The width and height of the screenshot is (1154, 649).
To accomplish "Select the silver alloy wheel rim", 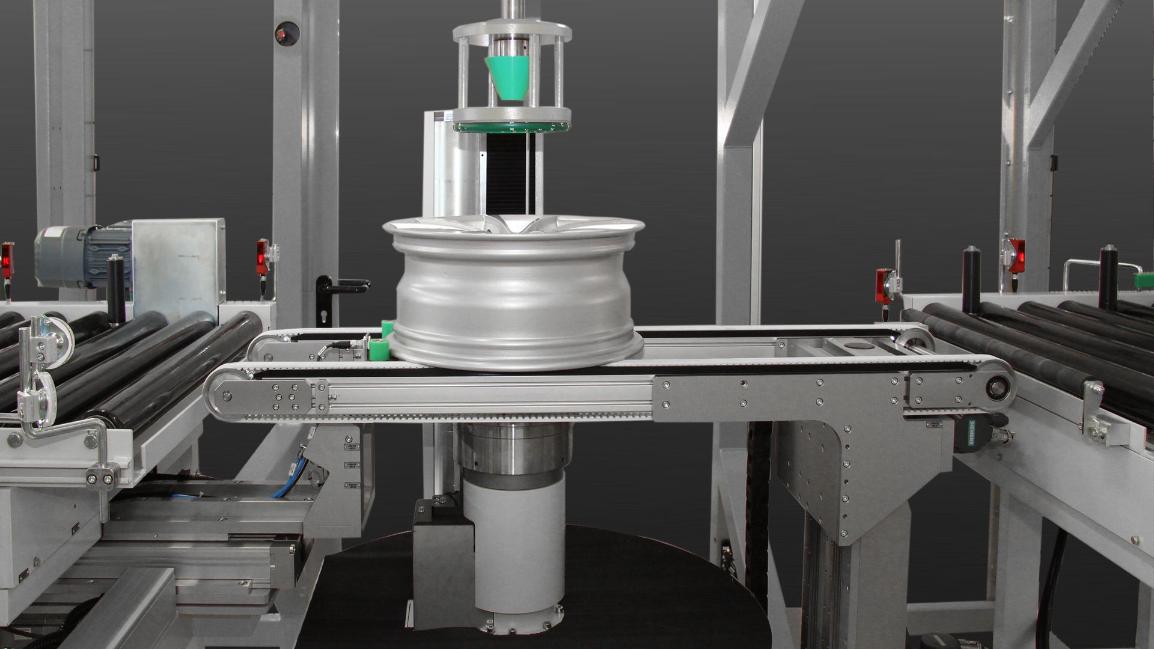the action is tap(514, 293).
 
